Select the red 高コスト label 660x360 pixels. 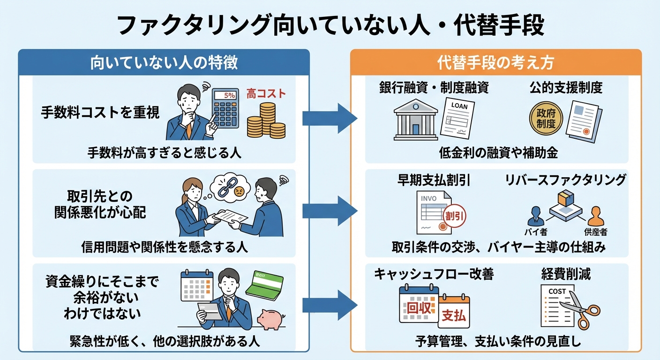click(266, 94)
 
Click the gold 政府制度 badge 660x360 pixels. click(545, 119)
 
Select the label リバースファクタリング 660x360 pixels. click(565, 180)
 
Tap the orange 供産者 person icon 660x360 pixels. click(595, 216)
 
